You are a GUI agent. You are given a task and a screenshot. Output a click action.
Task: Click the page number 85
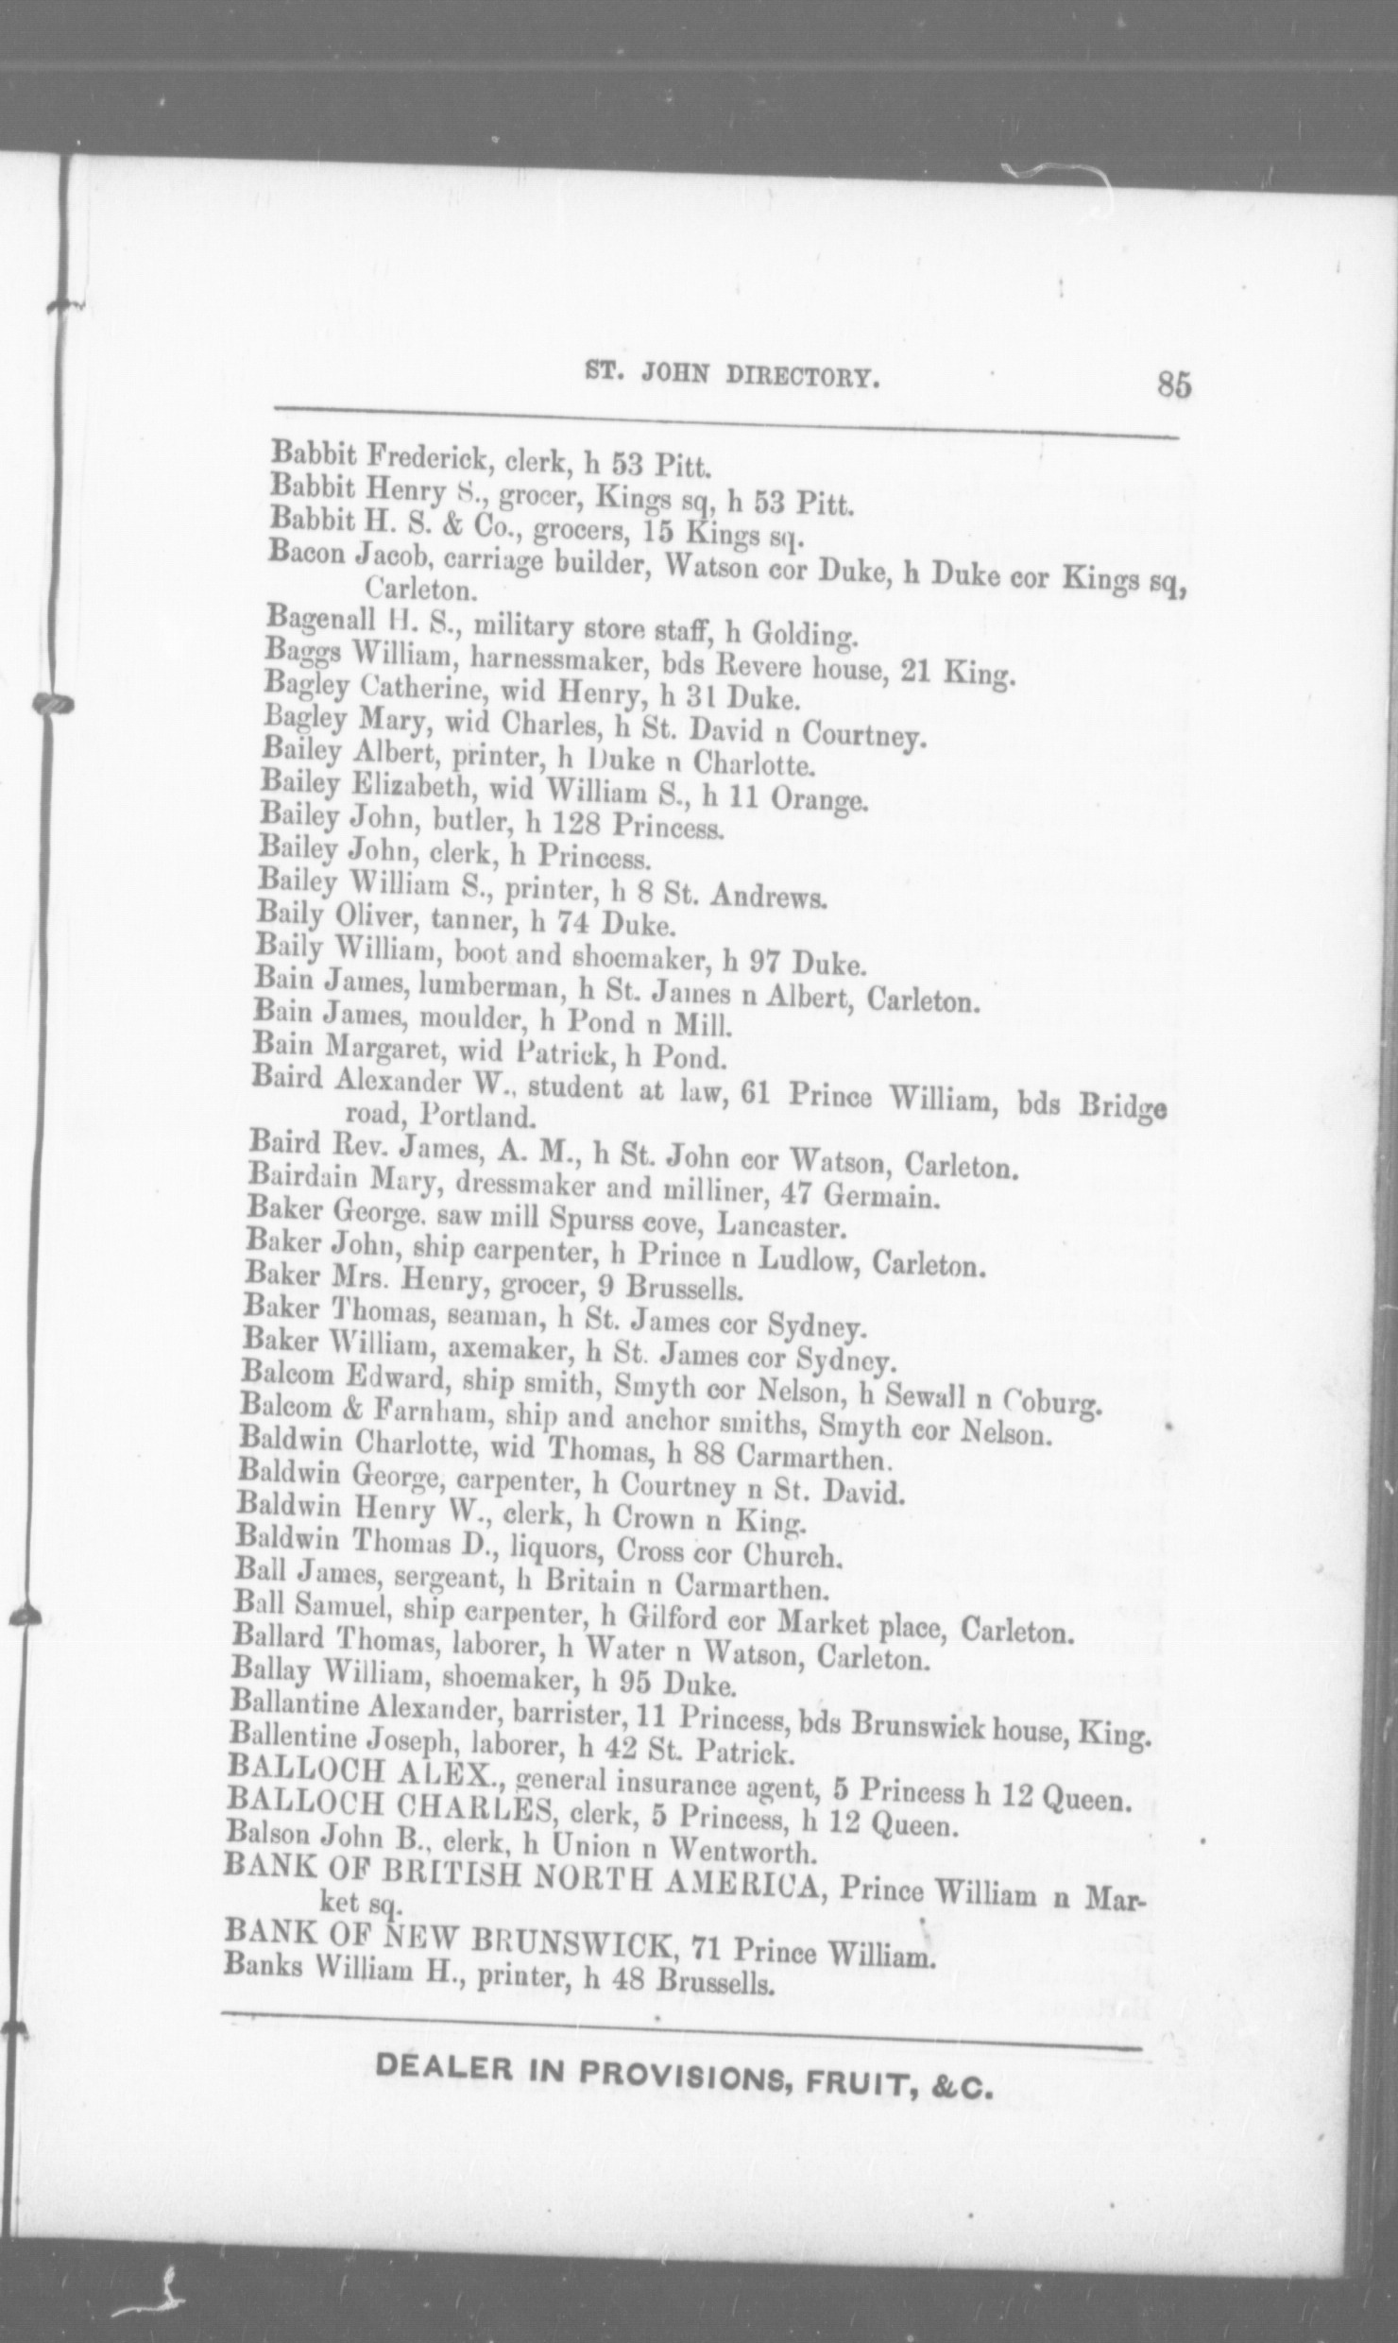coord(1172,387)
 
